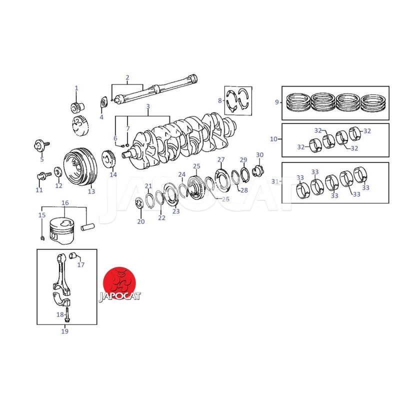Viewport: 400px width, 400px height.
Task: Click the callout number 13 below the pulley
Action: pos(91,191)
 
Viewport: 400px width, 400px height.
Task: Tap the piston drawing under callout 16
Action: pos(62,230)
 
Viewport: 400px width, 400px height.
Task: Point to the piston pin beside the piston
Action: pos(88,227)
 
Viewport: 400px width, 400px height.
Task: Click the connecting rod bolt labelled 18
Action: pos(67,314)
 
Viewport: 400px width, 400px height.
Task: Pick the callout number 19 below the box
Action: pos(65,331)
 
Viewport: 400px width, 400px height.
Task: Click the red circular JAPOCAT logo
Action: pos(119,283)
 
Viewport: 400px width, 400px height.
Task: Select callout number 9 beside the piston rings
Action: pos(277,102)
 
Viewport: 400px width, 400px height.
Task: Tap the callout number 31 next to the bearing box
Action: pos(274,181)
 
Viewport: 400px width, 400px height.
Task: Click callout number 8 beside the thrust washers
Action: pos(220,100)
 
